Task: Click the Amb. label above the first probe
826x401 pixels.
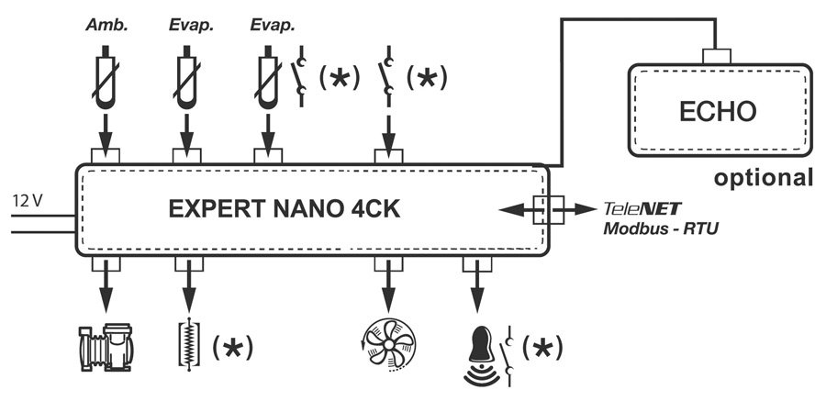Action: tap(107, 26)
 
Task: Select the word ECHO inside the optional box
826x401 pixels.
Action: tap(718, 111)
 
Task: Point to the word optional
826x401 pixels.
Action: tap(765, 177)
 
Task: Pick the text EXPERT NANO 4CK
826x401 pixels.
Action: tap(284, 210)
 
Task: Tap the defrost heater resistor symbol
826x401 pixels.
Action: tap(189, 348)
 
